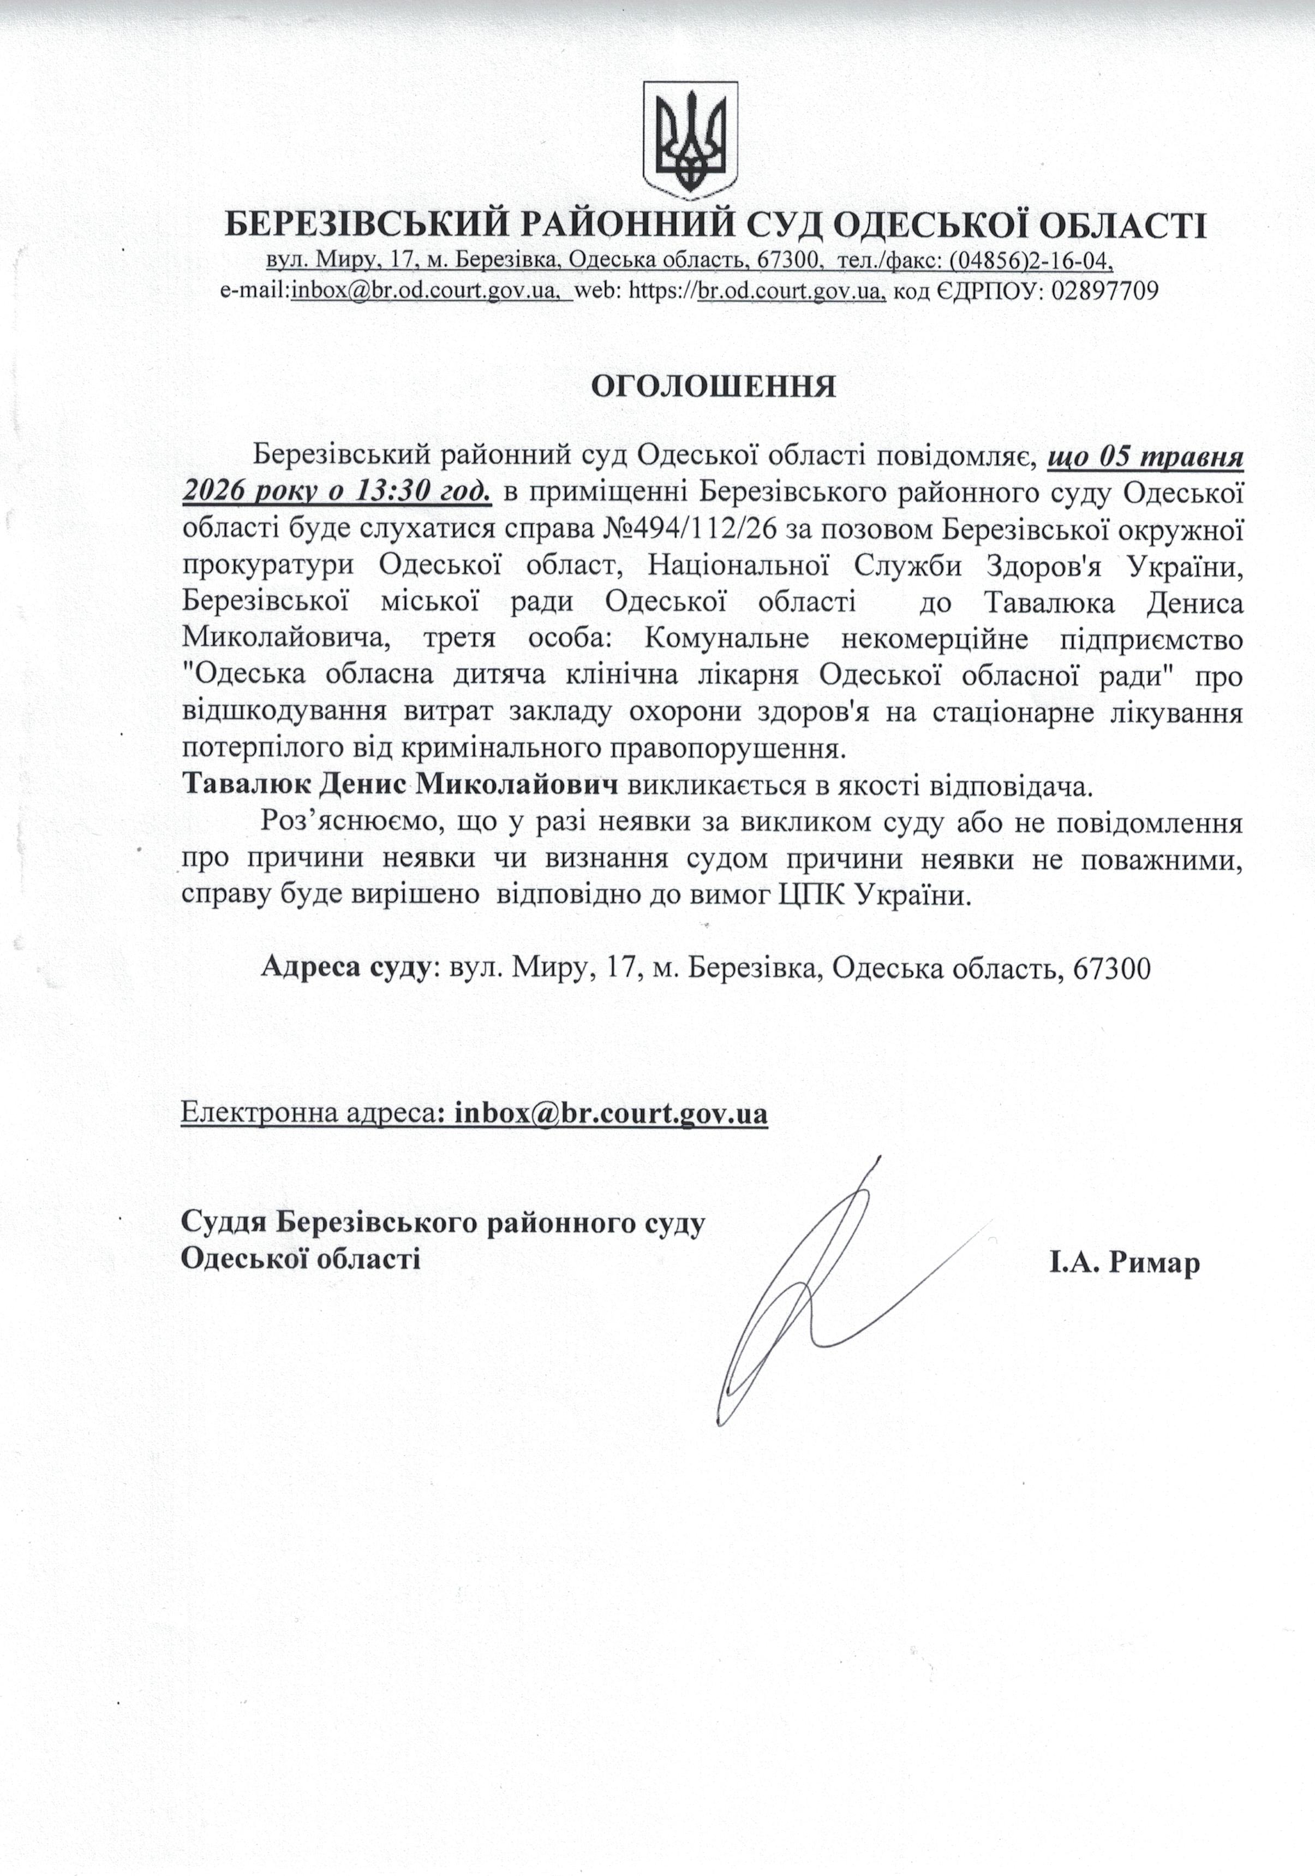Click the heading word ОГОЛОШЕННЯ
(x=713, y=387)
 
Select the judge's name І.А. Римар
(x=1125, y=1264)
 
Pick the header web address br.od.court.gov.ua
(x=791, y=291)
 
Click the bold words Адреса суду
(x=345, y=968)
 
